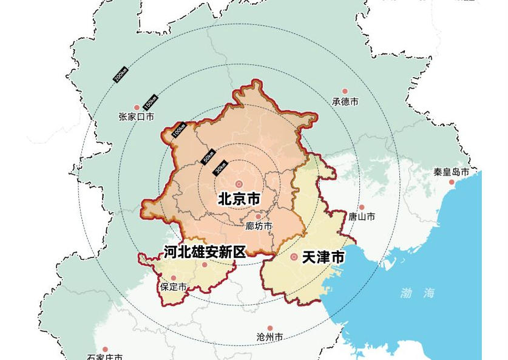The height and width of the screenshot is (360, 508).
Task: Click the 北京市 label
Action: pos(239,199)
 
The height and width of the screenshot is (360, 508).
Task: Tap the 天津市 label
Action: pos(323,257)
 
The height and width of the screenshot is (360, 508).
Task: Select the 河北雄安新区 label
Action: pos(205,252)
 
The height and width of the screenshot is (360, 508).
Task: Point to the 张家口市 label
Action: pos(136,117)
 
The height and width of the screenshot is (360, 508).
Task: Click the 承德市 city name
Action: pos(345,101)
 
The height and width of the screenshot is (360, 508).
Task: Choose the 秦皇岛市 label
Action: pos(451,172)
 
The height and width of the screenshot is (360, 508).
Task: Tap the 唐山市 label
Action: pos(361,217)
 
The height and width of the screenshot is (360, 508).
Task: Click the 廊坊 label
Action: pos(259,226)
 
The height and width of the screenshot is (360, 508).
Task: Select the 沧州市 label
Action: pos(269,337)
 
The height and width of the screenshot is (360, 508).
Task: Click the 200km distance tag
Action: pos(120,75)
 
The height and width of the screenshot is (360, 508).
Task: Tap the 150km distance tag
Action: pos(150,102)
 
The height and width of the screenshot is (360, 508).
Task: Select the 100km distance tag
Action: pos(178,130)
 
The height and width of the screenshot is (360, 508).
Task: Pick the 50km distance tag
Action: pos(208,156)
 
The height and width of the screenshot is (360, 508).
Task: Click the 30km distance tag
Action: pos(220,168)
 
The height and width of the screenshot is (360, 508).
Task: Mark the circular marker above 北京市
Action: pos(239,184)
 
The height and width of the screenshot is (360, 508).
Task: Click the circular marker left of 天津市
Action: pos(294,257)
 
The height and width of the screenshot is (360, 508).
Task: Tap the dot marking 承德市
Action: pos(345,92)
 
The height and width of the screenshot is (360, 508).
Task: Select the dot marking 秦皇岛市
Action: pos(452,182)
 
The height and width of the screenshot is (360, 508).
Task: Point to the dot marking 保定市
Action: pos(173,278)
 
